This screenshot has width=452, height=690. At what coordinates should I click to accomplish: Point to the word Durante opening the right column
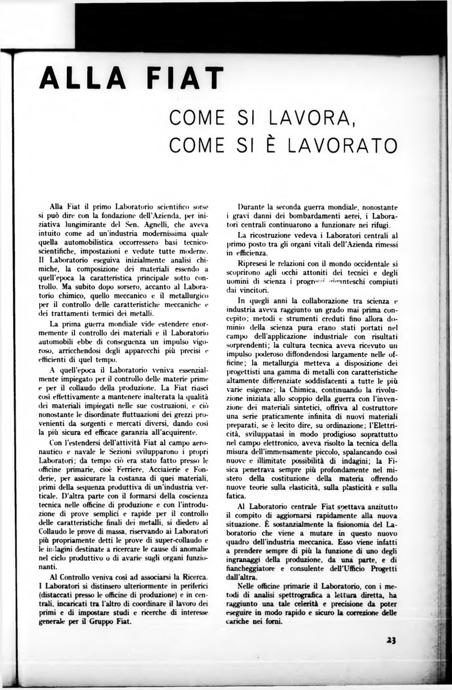coord(251,207)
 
